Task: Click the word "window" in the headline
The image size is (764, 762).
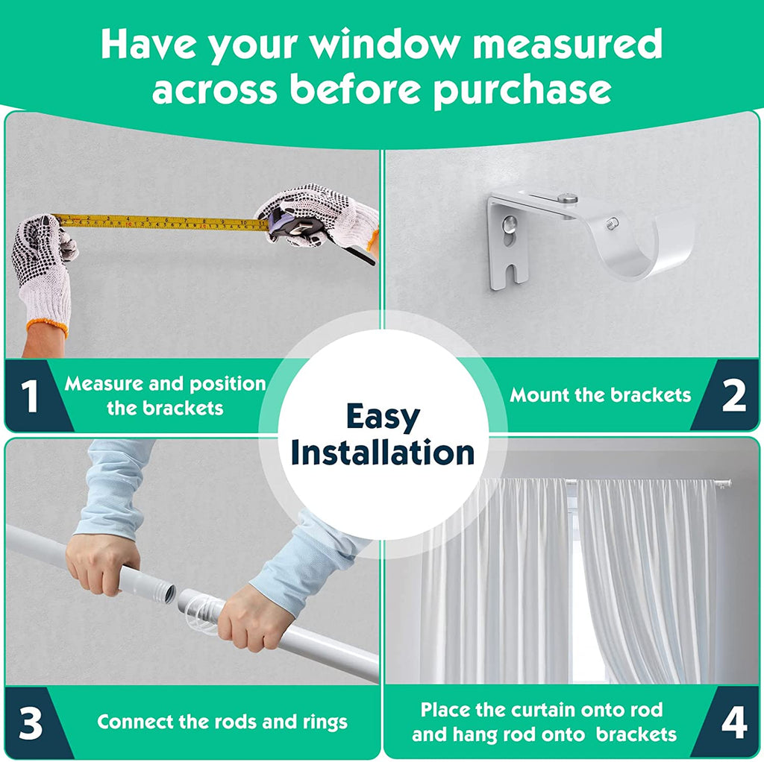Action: [x=385, y=44]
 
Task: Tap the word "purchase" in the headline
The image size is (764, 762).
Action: [x=522, y=90]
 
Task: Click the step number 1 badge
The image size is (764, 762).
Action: [x=30, y=395]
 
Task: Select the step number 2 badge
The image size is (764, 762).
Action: [x=734, y=395]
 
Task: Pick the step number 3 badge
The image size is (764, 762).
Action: [x=30, y=723]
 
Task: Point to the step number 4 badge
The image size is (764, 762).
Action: [x=734, y=723]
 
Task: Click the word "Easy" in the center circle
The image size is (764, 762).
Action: [x=383, y=418]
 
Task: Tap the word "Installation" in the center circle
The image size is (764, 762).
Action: [x=383, y=453]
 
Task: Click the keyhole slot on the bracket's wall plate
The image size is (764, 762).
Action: [x=510, y=230]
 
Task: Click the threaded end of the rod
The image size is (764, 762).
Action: [x=166, y=593]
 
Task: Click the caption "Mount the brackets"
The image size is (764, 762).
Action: [x=601, y=395]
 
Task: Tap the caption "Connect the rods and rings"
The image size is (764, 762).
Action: [x=222, y=722]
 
